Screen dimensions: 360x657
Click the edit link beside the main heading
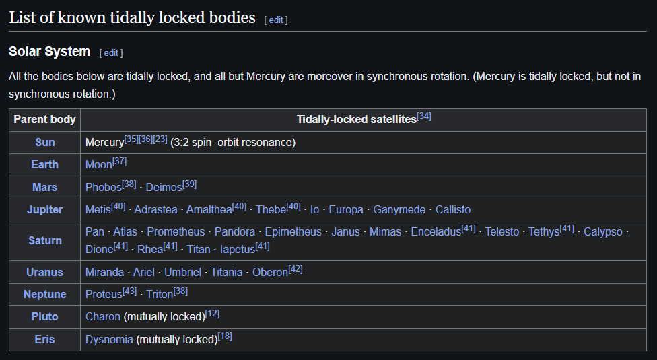click(x=276, y=20)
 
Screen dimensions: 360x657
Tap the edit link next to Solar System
click(x=111, y=52)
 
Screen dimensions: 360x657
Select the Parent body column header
click(x=45, y=120)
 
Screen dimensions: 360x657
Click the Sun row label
click(x=45, y=143)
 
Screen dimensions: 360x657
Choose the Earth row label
click(x=45, y=165)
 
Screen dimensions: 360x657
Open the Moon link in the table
click(x=99, y=165)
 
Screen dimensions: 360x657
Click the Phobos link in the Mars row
click(x=104, y=187)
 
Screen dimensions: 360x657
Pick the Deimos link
click(x=164, y=187)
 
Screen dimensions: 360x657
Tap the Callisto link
click(x=453, y=209)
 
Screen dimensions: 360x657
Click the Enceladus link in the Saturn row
click(x=436, y=232)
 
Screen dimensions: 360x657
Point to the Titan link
click(x=199, y=249)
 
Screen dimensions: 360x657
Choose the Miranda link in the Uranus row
click(x=104, y=273)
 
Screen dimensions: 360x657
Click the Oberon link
click(x=270, y=273)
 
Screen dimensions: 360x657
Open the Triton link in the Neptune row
click(x=160, y=295)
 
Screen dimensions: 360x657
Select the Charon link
click(x=103, y=317)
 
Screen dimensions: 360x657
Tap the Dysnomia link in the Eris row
click(x=109, y=340)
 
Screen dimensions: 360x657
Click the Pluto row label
click(x=45, y=317)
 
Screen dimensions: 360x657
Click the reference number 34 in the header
click(x=424, y=116)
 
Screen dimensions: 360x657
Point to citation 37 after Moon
click(x=120, y=161)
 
